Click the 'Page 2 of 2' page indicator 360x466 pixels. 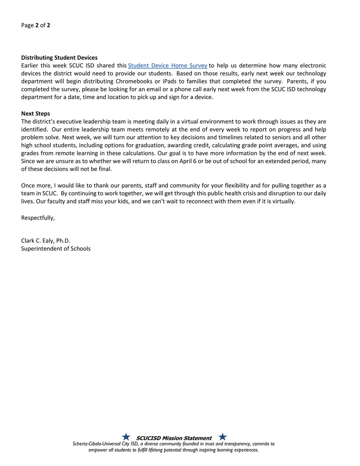(x=35, y=26)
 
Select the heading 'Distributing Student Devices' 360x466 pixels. (x=59, y=58)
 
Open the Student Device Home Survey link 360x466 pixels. (x=167, y=65)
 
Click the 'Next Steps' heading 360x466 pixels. (x=35, y=114)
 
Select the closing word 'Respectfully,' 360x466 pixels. (x=38, y=217)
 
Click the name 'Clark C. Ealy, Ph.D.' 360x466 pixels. (x=45, y=241)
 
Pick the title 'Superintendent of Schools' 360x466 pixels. (x=56, y=249)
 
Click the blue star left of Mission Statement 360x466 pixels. (x=126, y=437)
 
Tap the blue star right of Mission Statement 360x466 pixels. (x=223, y=437)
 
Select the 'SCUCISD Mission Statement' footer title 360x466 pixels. (x=174, y=438)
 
